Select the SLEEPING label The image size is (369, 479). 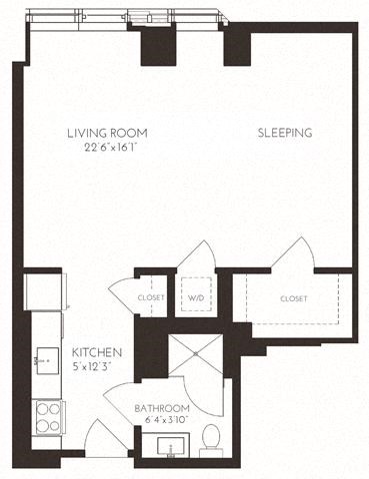tap(285, 133)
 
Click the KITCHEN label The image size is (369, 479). tap(97, 353)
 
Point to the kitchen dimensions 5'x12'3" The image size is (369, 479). tap(97, 366)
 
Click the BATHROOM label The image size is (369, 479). tap(162, 409)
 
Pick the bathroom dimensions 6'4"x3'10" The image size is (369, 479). tap(162, 421)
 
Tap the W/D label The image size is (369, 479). tap(196, 297)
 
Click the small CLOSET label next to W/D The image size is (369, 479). tap(150, 297)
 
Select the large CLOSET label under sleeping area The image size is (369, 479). tap(294, 297)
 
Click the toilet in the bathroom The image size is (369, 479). tap(211, 435)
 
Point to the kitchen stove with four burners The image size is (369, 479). tap(46, 413)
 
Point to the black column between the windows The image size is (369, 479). tap(158, 46)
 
